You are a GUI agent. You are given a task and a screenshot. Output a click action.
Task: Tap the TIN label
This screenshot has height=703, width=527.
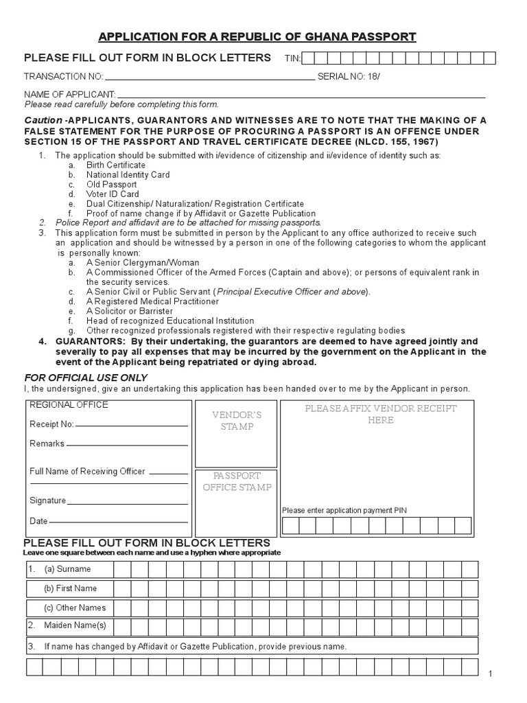[292, 59]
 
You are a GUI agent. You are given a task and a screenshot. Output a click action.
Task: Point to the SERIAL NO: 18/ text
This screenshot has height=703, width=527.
[349, 76]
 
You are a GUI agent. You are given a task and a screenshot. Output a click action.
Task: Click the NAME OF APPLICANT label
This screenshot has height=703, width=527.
[70, 94]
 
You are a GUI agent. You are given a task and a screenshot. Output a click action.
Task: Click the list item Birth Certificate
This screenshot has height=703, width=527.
[115, 165]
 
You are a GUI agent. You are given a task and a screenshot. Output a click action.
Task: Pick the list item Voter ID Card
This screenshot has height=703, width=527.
[113, 194]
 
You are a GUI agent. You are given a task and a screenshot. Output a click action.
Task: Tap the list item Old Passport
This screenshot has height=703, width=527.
[111, 185]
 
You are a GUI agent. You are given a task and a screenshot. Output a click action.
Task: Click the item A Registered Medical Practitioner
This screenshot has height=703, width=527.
[152, 301]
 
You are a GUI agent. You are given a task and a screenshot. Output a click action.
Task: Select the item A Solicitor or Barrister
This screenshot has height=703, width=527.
[130, 311]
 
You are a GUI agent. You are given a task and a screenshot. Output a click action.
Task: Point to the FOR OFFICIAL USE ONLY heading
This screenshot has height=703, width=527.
[86, 378]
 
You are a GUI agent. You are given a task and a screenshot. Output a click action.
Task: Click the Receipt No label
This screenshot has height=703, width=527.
[51, 424]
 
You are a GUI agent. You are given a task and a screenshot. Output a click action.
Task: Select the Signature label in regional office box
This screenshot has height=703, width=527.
[47, 500]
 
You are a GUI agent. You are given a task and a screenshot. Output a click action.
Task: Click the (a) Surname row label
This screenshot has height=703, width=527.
[67, 569]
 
